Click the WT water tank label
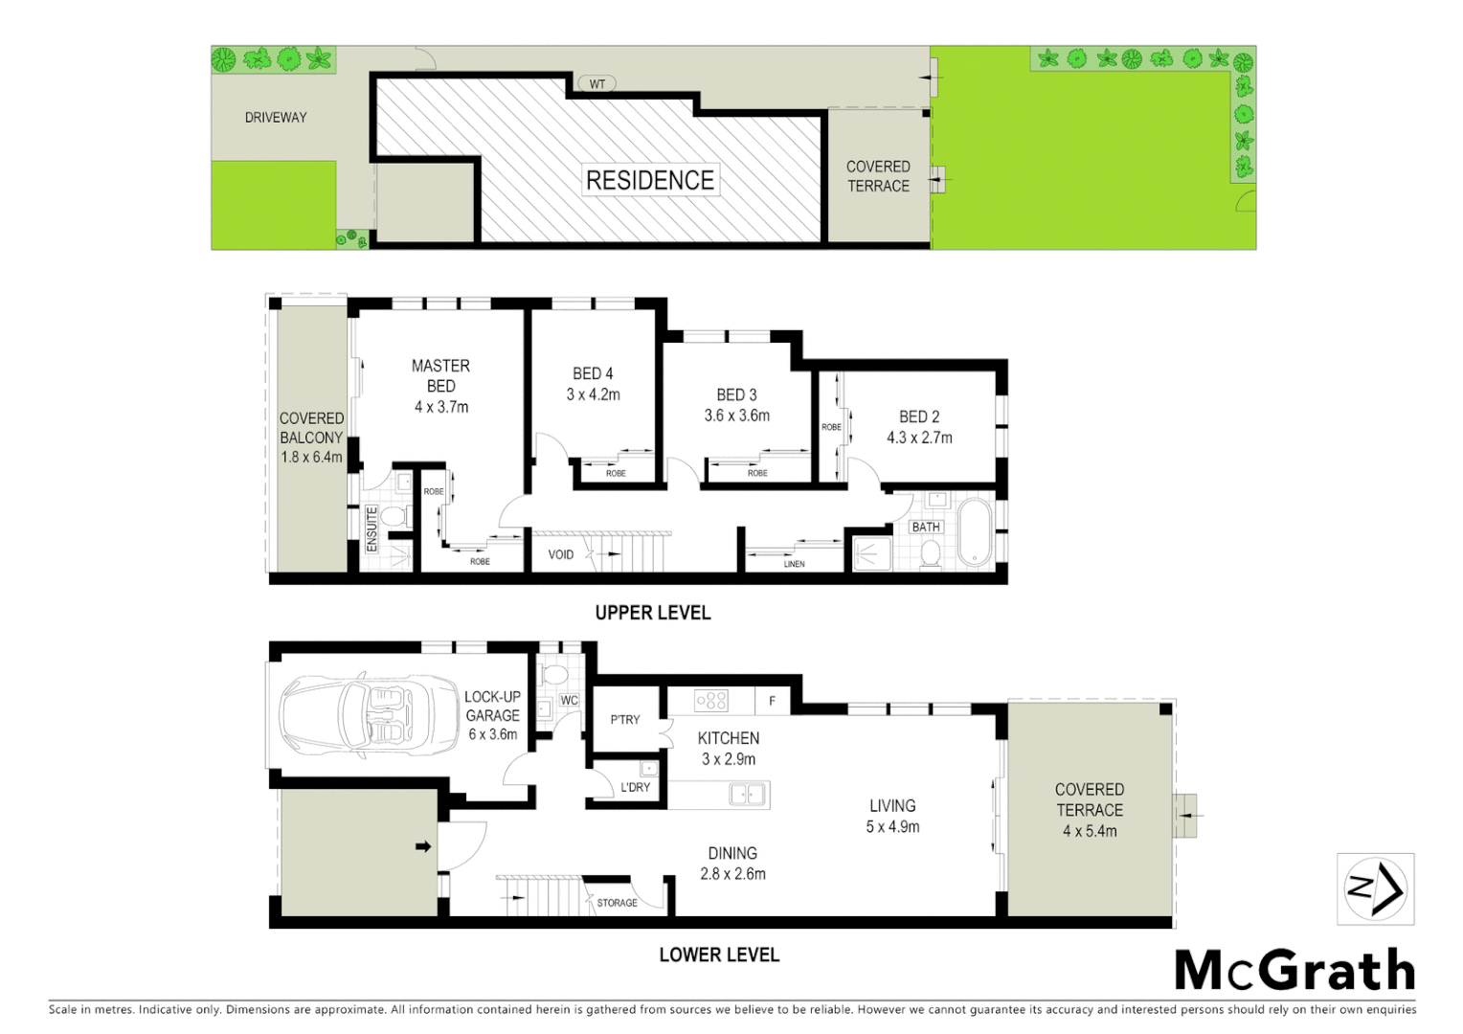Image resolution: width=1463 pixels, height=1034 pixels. click(x=596, y=84)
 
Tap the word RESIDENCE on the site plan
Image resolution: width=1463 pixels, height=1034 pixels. click(x=650, y=180)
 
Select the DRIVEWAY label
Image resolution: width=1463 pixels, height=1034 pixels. click(x=276, y=118)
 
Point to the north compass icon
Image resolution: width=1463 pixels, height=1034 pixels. click(x=1375, y=889)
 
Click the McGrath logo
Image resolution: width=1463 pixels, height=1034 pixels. click(x=1294, y=970)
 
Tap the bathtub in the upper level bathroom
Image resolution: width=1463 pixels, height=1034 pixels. click(x=976, y=531)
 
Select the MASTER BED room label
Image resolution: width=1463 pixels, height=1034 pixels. click(x=440, y=375)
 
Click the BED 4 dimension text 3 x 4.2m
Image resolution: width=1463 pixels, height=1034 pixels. click(x=593, y=394)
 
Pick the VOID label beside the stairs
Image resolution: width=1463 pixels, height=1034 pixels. click(x=561, y=554)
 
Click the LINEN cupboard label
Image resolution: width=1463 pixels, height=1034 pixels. click(x=794, y=564)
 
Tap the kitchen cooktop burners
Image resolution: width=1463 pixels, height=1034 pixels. click(x=711, y=701)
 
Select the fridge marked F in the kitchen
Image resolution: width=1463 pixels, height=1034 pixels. click(x=772, y=702)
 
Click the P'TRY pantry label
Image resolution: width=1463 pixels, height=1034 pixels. click(x=625, y=719)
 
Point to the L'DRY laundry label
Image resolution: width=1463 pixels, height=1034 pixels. click(x=635, y=787)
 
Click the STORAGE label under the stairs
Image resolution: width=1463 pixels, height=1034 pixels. click(x=617, y=903)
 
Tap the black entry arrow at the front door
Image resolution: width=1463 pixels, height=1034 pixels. click(x=422, y=846)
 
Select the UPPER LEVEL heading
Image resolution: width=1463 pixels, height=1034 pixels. click(x=653, y=613)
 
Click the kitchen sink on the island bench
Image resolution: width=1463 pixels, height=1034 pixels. click(x=746, y=794)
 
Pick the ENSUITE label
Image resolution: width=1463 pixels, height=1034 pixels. click(x=371, y=528)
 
